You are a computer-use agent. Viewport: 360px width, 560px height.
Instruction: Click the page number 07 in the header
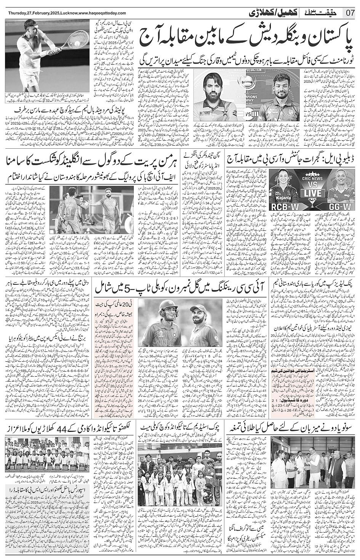pyautogui.click(x=350, y=13)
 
